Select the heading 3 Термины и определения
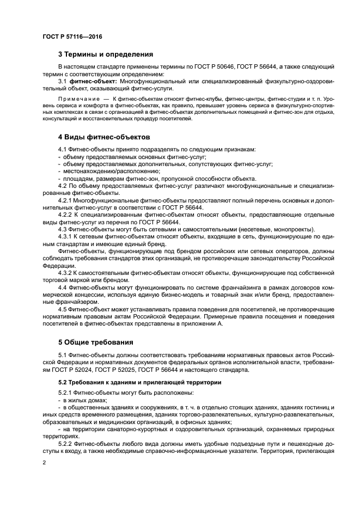[x=105, y=54]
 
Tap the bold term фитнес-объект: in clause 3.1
[x=94, y=81]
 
